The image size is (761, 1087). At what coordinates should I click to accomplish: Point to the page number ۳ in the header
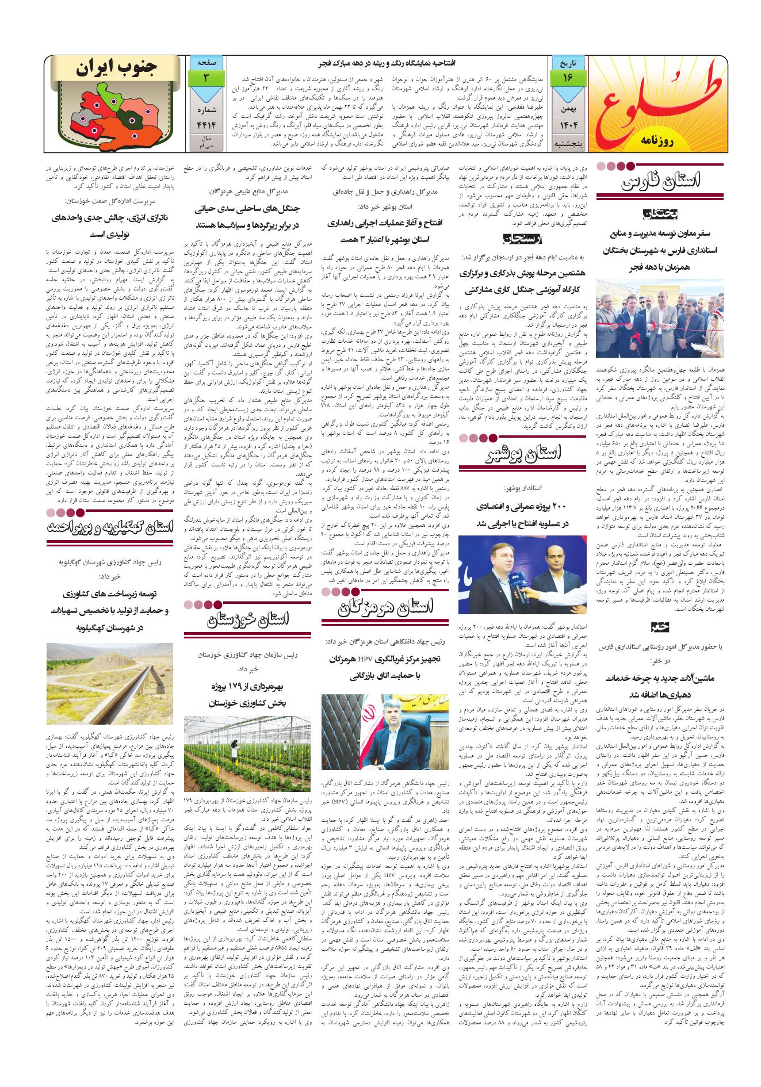(x=206, y=78)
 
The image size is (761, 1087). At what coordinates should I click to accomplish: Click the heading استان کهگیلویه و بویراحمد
(x=109, y=530)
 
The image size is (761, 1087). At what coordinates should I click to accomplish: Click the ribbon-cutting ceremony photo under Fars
(x=659, y=317)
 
